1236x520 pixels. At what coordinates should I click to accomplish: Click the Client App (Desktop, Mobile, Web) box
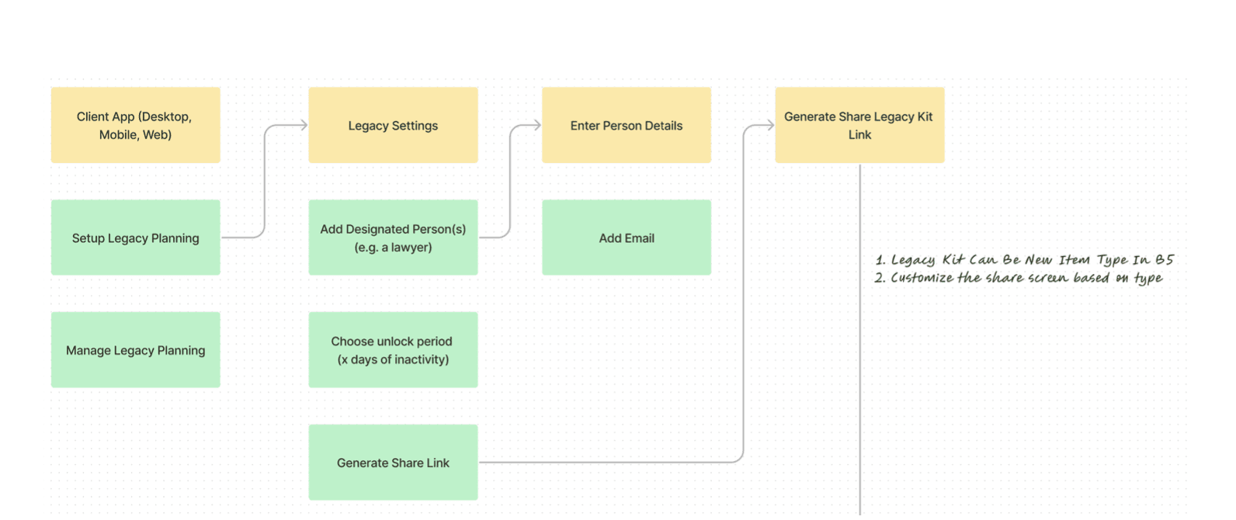click(136, 125)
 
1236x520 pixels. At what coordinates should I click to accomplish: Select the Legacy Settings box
click(393, 125)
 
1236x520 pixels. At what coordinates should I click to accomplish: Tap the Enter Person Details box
click(627, 125)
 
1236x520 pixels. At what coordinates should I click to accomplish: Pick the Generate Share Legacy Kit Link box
click(859, 125)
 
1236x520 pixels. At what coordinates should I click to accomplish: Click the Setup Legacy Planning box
click(136, 237)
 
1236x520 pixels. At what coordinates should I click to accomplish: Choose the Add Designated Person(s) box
click(393, 237)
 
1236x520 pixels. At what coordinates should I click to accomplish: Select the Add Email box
click(627, 237)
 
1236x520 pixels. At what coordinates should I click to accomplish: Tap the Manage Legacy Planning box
click(136, 350)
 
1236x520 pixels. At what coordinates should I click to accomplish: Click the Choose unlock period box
click(393, 350)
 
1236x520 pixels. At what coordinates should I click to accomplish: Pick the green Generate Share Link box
click(393, 463)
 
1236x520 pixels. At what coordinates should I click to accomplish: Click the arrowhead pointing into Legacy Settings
click(304, 125)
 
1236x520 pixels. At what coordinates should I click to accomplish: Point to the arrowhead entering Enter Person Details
click(537, 125)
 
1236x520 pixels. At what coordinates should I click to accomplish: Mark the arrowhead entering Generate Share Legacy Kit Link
click(770, 125)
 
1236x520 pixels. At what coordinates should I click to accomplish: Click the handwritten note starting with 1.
click(1025, 260)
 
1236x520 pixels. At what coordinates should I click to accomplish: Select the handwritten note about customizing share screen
click(1019, 277)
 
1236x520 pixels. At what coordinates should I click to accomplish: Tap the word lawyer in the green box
click(411, 248)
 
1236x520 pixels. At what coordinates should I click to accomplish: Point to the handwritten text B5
click(1165, 259)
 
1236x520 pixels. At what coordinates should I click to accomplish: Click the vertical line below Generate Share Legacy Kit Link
click(859, 340)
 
